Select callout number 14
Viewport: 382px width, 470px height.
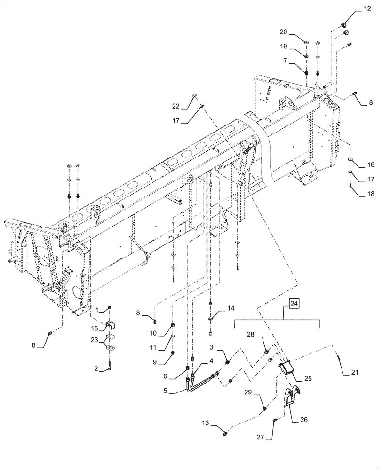[x=231, y=308]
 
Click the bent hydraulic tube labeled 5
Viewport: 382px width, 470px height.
[x=202, y=381]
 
